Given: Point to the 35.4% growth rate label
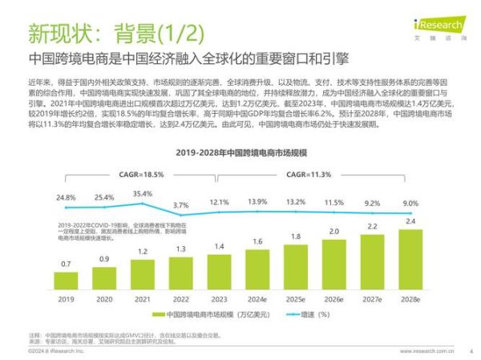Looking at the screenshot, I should pos(143,194).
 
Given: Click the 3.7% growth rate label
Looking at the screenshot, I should pos(180,205).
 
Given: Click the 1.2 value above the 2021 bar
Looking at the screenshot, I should pos(143,251).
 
